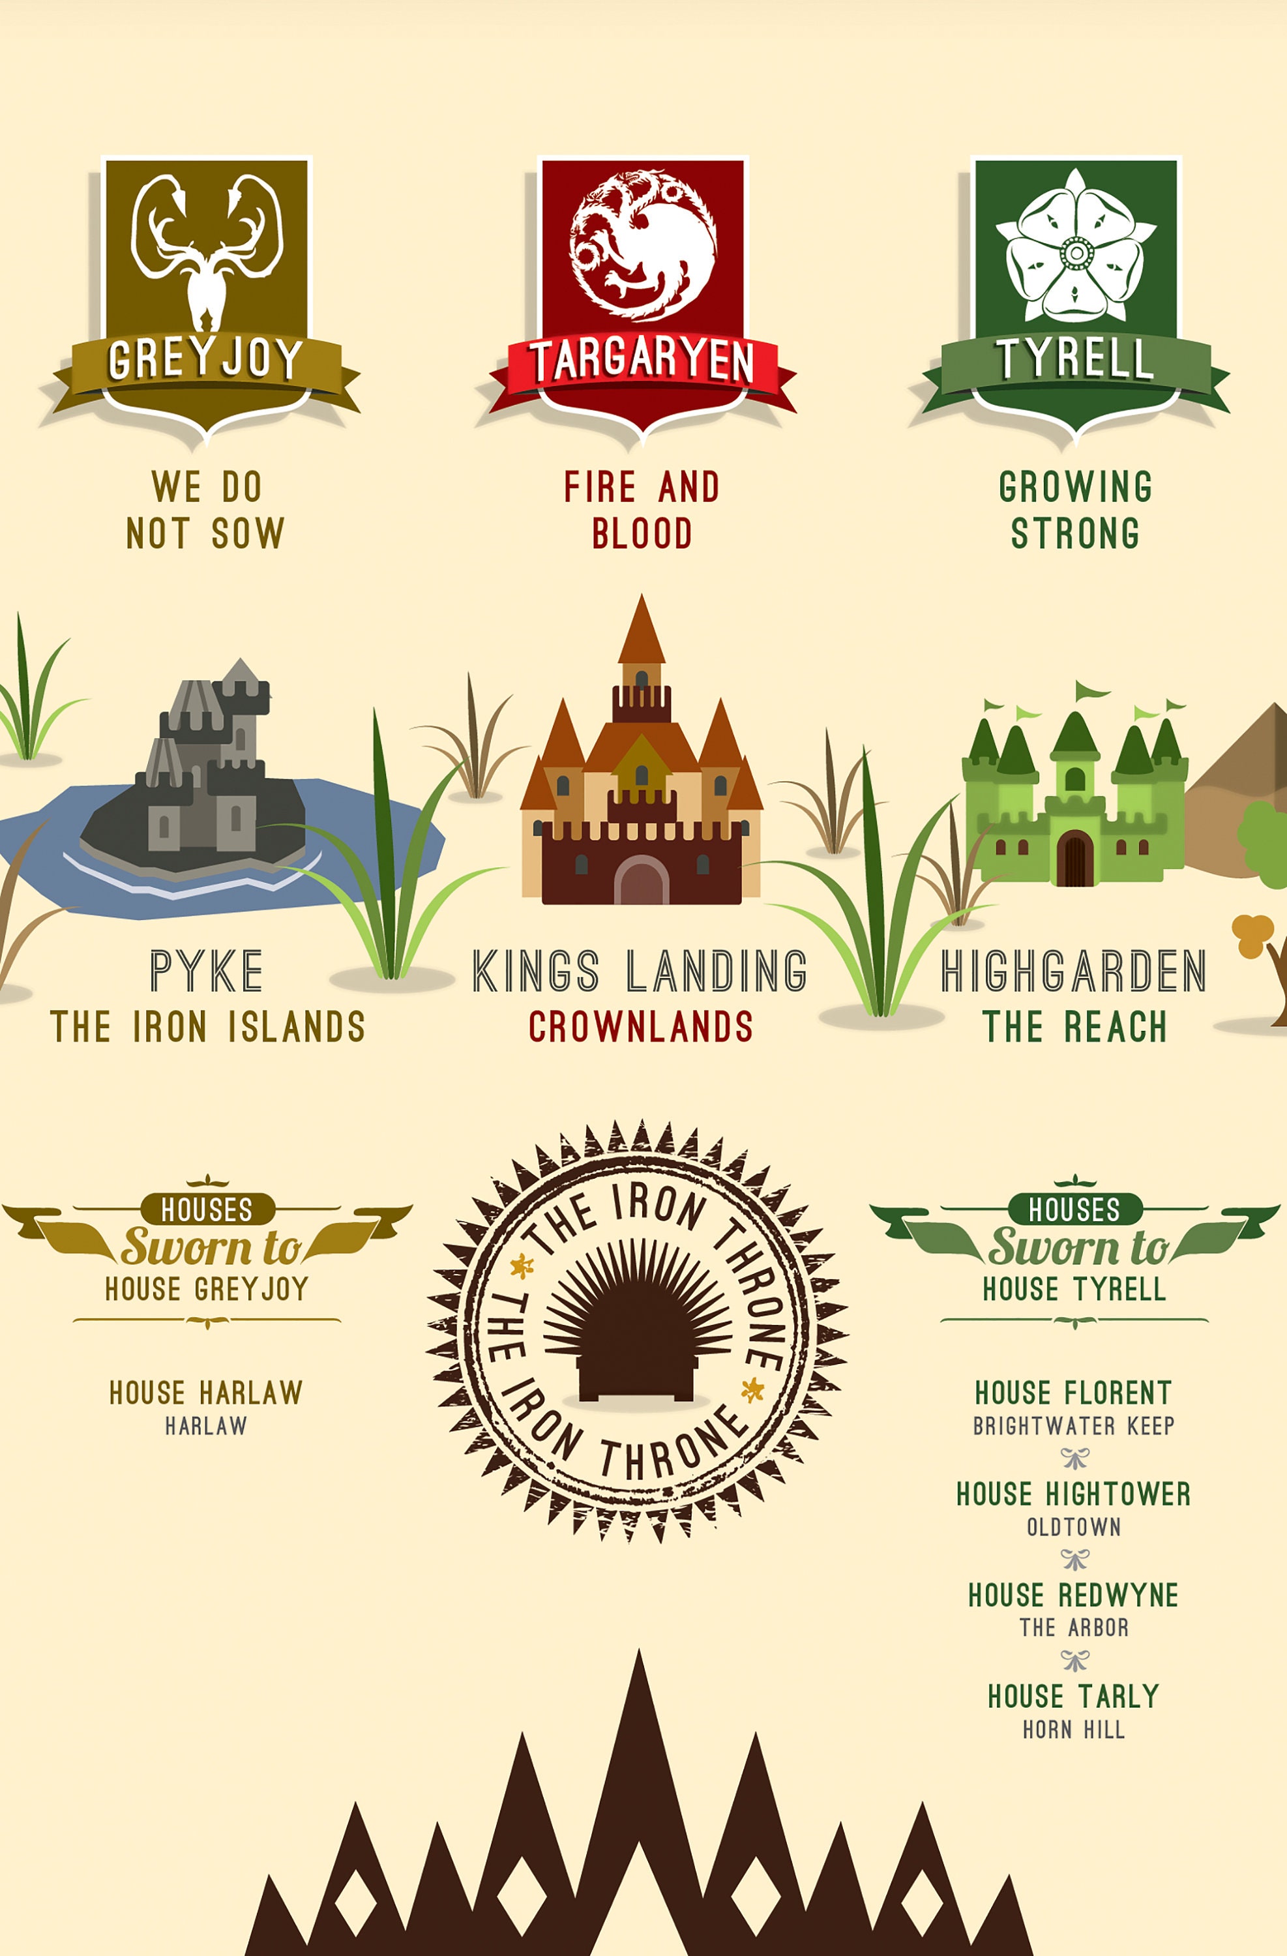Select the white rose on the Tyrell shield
[x=1075, y=246]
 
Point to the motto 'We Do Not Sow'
[x=205, y=510]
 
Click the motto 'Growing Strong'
[x=1075, y=510]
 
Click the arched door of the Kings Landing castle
[x=642, y=881]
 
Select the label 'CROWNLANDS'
[x=641, y=1026]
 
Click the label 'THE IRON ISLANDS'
[x=207, y=1026]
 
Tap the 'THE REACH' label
[x=1075, y=1026]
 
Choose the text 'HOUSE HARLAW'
[x=206, y=1392]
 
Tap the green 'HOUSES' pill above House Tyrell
[x=1075, y=1209]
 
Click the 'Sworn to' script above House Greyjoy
[x=211, y=1247]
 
